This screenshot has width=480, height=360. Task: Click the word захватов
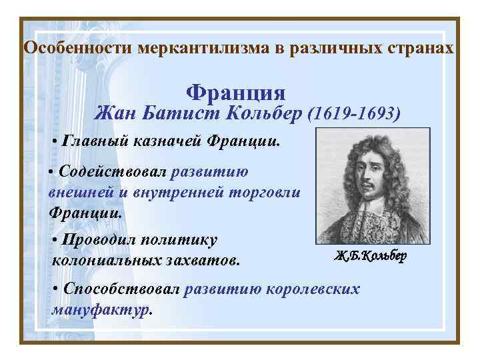click(207, 259)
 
